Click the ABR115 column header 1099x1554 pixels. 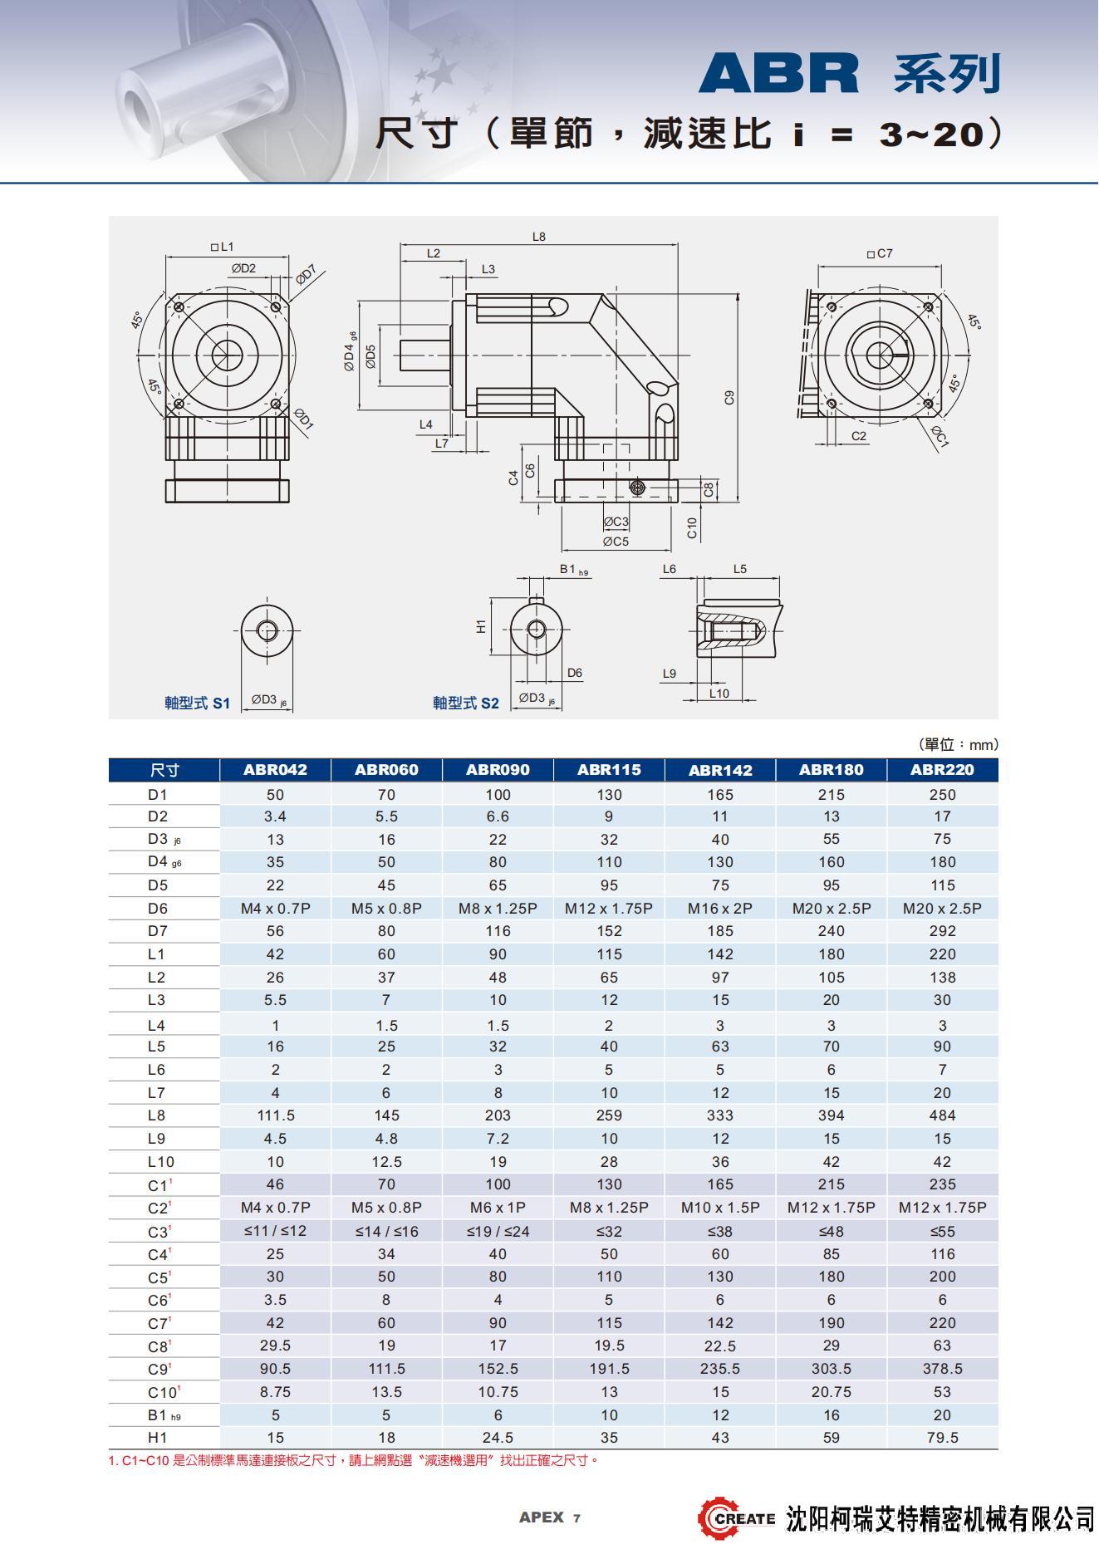click(609, 769)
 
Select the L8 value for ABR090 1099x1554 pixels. click(498, 1115)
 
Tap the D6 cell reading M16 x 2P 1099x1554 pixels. click(719, 908)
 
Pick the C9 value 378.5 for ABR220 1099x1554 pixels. click(942, 1368)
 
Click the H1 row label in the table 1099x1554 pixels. click(158, 1437)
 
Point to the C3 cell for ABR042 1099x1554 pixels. click(275, 1230)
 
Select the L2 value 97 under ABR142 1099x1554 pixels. click(719, 977)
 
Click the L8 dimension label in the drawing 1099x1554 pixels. click(539, 237)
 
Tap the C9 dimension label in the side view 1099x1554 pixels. click(729, 397)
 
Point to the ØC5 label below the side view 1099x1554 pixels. click(616, 542)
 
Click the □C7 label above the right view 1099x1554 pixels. click(880, 253)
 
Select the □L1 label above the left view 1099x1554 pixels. click(222, 247)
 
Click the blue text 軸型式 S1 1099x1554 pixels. click(197, 703)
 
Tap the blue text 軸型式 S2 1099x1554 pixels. click(465, 703)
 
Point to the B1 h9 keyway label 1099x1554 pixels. click(573, 570)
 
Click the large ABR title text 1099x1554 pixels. click(778, 74)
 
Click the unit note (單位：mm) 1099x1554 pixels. click(958, 744)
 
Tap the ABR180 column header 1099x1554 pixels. click(831, 769)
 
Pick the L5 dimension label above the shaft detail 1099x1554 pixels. click(739, 569)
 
